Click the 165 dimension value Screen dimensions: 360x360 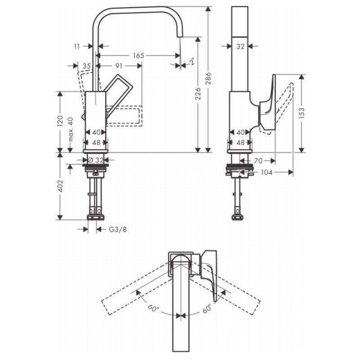coord(139,55)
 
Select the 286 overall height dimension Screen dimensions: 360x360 coord(208,79)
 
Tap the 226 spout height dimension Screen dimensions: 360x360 coord(198,94)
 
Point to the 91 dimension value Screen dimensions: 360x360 coord(118,66)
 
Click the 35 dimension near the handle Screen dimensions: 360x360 coord(86,66)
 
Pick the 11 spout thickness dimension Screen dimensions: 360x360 coord(76,46)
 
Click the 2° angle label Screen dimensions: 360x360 coord(192,61)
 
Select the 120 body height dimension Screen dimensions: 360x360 coord(60,121)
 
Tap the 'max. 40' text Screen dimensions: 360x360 coord(71,129)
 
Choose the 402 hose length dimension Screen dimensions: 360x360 coord(60,186)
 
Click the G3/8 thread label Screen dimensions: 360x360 coord(117,229)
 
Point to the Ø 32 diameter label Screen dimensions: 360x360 coord(96,160)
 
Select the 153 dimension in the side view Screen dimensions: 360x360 coord(301,113)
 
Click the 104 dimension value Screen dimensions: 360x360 coord(266,172)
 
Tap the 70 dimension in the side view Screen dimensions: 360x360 coord(258,161)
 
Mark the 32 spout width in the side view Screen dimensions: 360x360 coord(240,46)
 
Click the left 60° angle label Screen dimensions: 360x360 coord(153,308)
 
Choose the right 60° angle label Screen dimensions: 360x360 coord(207,308)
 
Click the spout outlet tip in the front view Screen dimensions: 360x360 coord(180,36)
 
